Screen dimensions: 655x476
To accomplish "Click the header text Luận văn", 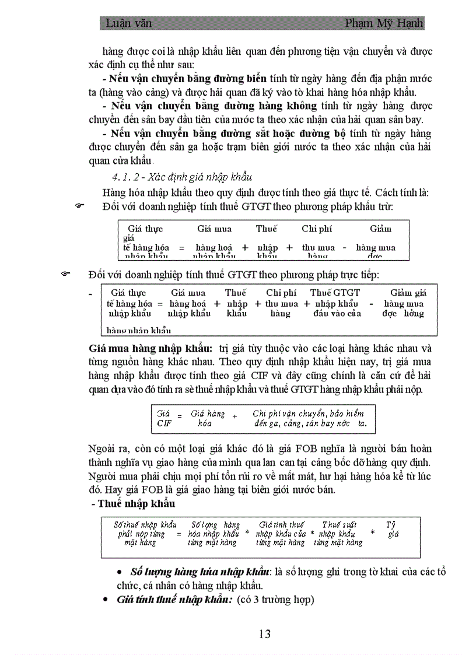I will coord(128,23).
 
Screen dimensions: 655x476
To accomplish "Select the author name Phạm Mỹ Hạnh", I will coord(384,23).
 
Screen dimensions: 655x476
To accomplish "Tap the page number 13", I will coord(264,634).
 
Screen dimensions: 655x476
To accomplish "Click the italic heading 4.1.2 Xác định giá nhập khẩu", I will coord(182,177).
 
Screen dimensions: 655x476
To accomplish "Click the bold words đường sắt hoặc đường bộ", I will coord(290,134).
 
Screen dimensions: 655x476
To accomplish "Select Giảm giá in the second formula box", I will coord(408,293).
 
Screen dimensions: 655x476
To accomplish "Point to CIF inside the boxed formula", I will coord(164,423).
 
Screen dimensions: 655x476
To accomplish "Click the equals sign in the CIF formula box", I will coord(180,417).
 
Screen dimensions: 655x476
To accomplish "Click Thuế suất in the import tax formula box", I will coord(339,525).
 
